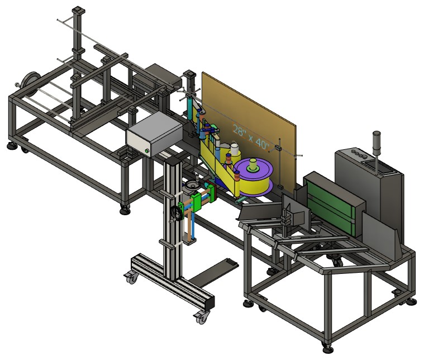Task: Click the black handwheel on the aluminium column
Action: tap(177, 213)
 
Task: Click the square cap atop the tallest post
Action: tap(79, 10)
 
